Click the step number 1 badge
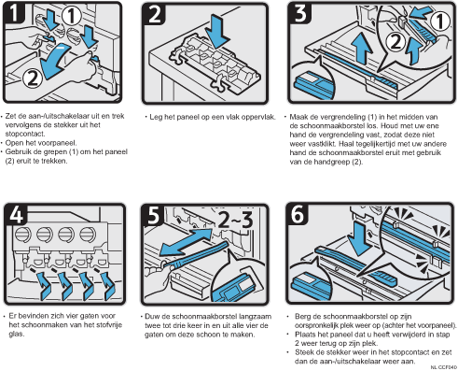pos(14,13)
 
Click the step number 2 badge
pos(154,14)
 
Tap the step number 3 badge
pos(300,13)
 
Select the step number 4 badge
pos(16,214)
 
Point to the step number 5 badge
pos(153,215)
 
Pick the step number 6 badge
pos(298,214)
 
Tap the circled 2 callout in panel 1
pos(33,78)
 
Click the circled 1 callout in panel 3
pos(440,21)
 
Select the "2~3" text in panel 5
pos(235,220)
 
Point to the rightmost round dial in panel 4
pos(88,235)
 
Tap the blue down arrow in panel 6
pos(359,239)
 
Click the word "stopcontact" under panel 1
pos(25,134)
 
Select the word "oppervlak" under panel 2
pos(259,117)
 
